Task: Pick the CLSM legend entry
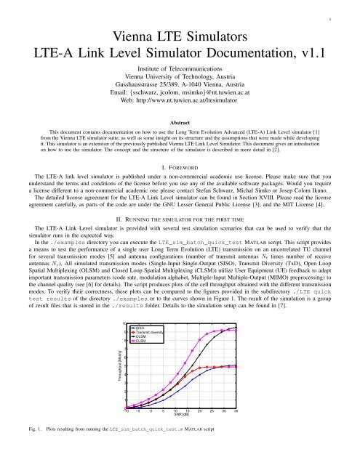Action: tap(141, 341)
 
